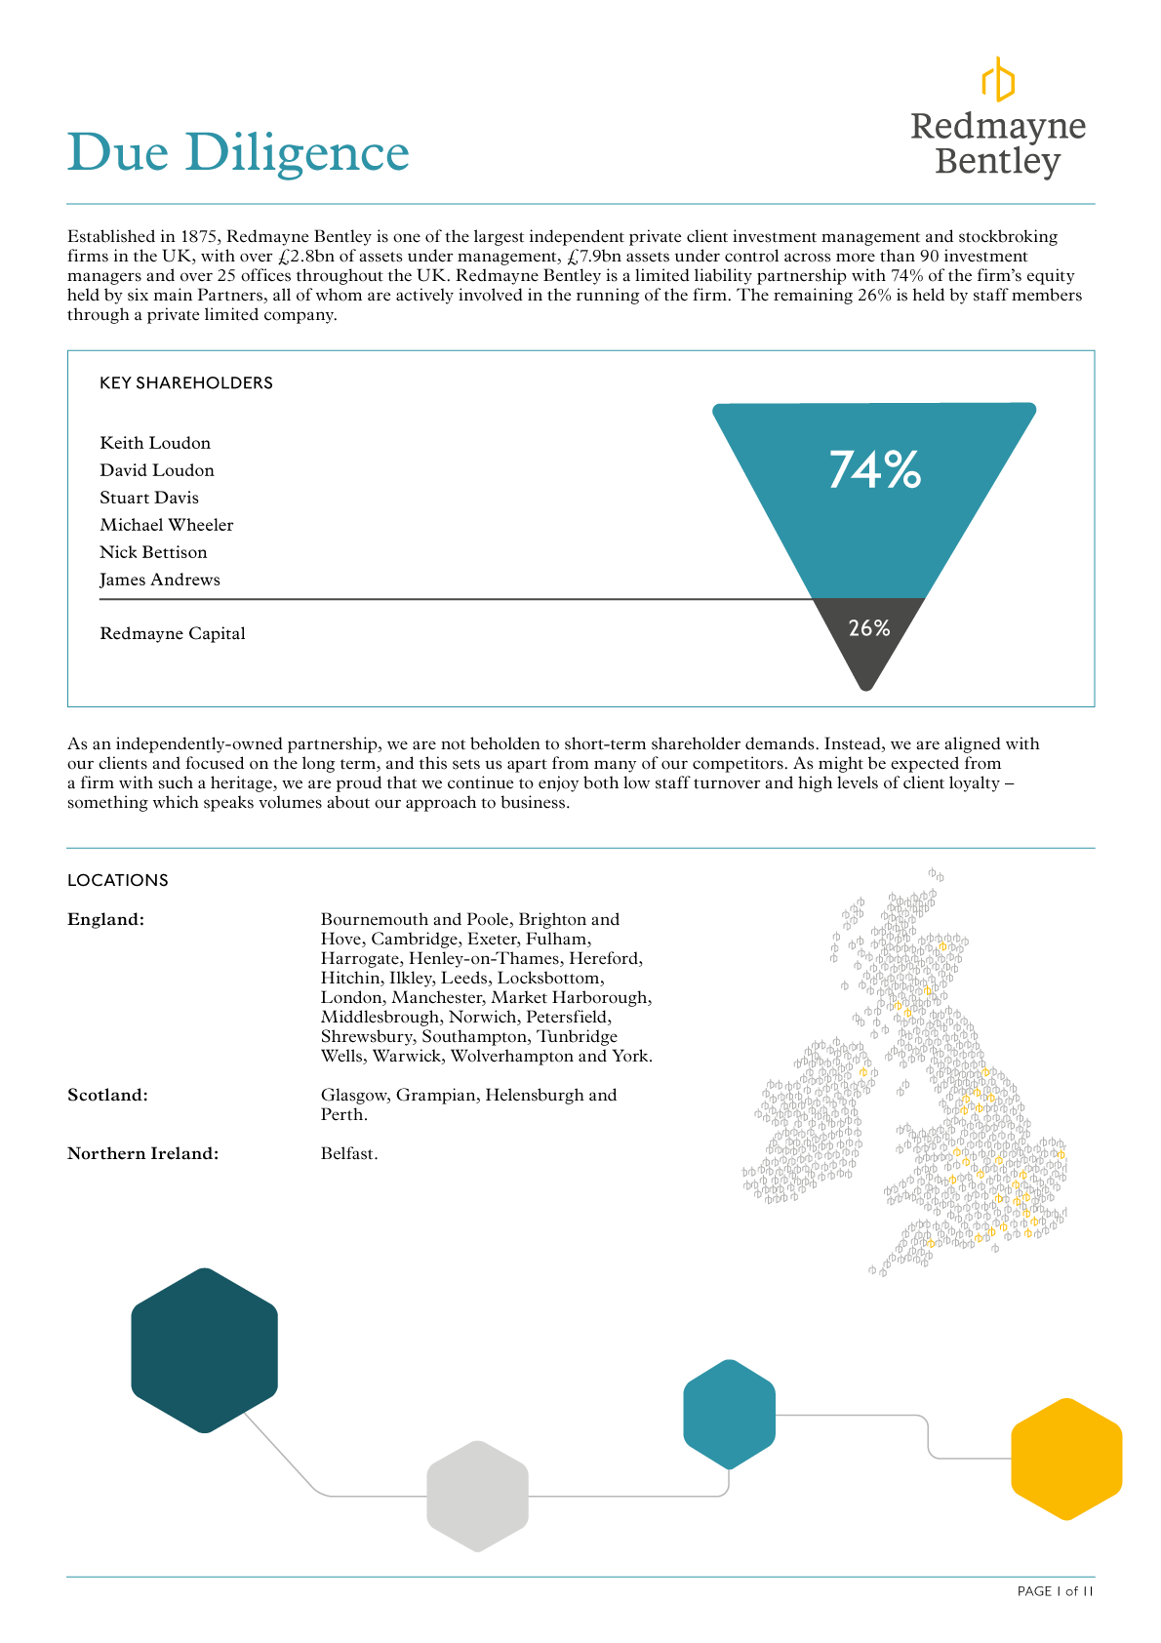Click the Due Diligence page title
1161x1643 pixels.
[238, 153]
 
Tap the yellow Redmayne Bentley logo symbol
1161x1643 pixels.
[997, 79]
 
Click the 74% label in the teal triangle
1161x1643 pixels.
[874, 469]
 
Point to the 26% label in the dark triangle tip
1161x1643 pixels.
[868, 628]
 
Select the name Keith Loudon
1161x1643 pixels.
[155, 443]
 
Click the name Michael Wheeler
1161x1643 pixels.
[167, 525]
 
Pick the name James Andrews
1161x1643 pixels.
[160, 580]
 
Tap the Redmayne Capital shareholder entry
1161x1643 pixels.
[173, 634]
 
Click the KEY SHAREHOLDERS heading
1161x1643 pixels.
[186, 383]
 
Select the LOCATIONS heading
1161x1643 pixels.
[118, 880]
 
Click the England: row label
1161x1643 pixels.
[105, 919]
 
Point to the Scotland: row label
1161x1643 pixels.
[107, 1095]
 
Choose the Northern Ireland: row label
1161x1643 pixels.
[142, 1153]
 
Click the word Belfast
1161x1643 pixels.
[348, 1153]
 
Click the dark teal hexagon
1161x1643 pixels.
[204, 1350]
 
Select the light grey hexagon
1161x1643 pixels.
[477, 1496]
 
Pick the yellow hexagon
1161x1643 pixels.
[1066, 1459]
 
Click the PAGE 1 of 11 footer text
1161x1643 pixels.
[1055, 1591]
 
